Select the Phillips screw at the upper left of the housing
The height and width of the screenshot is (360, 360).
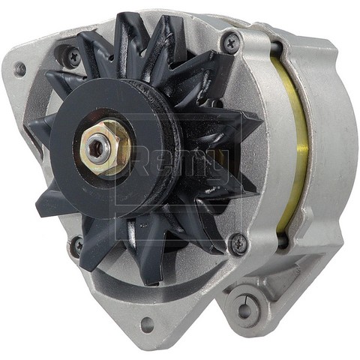tap(72, 55)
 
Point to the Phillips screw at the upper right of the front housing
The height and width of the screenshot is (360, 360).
tap(232, 43)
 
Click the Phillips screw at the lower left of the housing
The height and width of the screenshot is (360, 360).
tap(77, 244)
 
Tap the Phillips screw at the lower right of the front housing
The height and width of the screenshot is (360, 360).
tap(238, 242)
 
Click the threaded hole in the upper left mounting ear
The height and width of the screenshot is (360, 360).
tap(20, 69)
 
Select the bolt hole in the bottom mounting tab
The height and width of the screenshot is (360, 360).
tap(146, 325)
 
